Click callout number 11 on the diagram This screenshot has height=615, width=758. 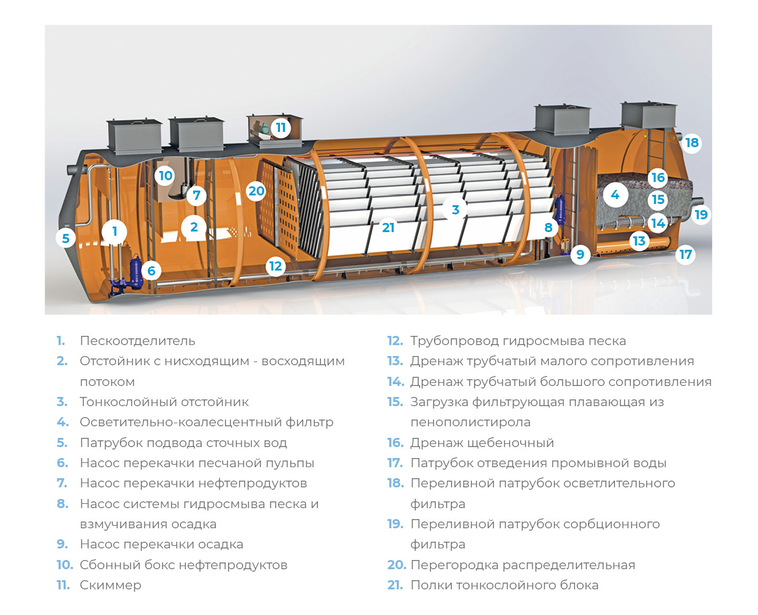pyautogui.click(x=281, y=128)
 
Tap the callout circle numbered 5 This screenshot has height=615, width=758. pyautogui.click(x=66, y=238)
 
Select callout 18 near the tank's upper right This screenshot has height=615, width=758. pyautogui.click(x=691, y=143)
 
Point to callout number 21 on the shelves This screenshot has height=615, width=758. pyautogui.click(x=388, y=228)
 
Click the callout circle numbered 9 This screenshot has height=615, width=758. pyautogui.click(x=580, y=253)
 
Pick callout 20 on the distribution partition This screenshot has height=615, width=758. pyautogui.click(x=256, y=191)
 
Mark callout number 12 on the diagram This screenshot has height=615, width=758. pyautogui.click(x=276, y=266)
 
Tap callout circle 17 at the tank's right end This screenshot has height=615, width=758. pyautogui.click(x=686, y=254)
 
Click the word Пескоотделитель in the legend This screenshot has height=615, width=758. pyautogui.click(x=138, y=341)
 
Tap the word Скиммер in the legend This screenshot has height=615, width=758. pyautogui.click(x=110, y=585)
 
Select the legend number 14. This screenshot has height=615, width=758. pyautogui.click(x=395, y=382)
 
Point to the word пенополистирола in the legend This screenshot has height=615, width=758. pyautogui.click(x=470, y=422)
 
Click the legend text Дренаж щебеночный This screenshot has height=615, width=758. pyautogui.click(x=482, y=443)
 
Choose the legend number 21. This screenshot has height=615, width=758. pyautogui.click(x=395, y=585)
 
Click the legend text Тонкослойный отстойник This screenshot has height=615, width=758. pyautogui.click(x=164, y=402)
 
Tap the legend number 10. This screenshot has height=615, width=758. pyautogui.click(x=64, y=565)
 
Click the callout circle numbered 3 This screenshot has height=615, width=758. pyautogui.click(x=455, y=209)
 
